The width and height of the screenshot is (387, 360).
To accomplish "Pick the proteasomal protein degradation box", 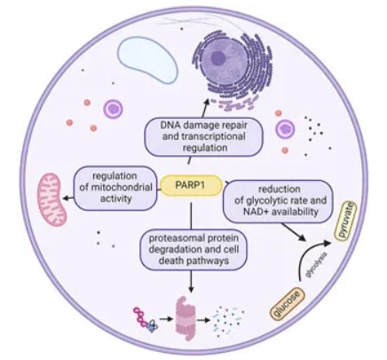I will point(192,250).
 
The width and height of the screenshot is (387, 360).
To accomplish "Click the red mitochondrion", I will point(51,192).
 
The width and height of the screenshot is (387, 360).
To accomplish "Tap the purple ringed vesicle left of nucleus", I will point(114,109).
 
